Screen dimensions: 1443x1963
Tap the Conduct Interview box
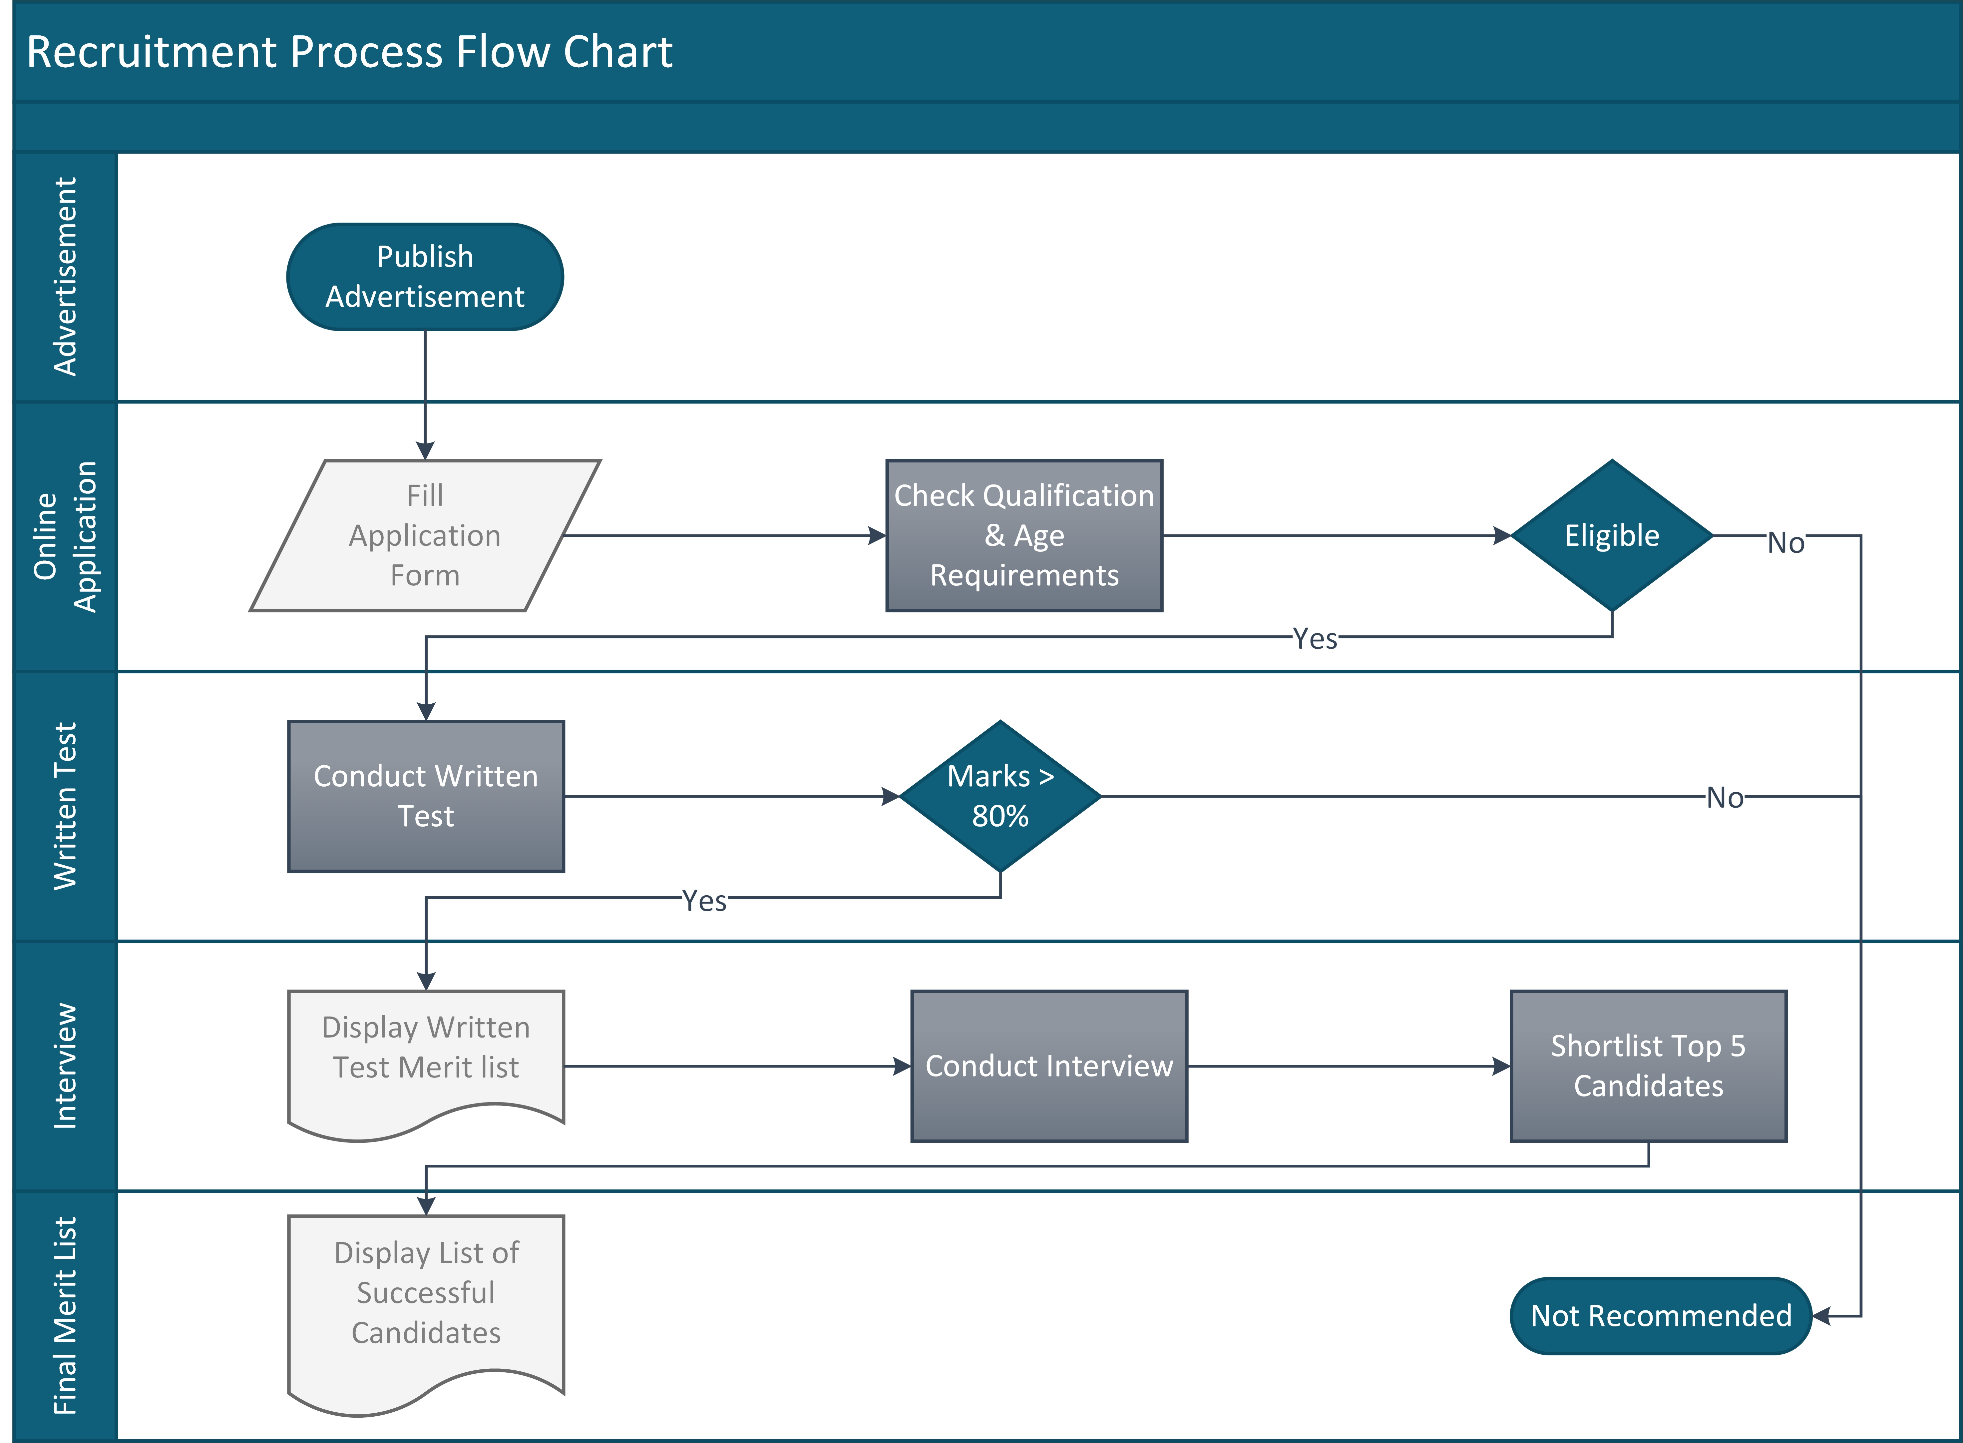click(1049, 1066)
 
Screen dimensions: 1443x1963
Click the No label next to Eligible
click(1786, 542)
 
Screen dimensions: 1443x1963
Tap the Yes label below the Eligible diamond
click(1315, 638)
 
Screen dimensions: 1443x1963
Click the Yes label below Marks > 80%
click(704, 901)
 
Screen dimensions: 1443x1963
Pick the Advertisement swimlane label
click(66, 277)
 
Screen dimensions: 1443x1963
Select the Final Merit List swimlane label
click(66, 1315)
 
